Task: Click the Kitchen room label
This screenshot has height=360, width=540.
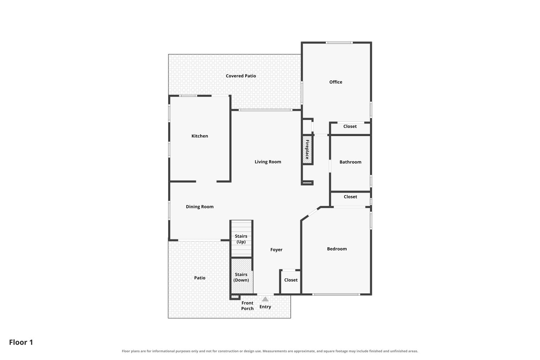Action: click(199, 136)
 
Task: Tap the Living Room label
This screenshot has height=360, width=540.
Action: click(268, 162)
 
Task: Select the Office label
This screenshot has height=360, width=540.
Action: click(336, 82)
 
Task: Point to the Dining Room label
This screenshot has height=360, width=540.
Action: click(199, 207)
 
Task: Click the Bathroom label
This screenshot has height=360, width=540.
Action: click(350, 162)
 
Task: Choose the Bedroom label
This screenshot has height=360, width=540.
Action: click(337, 249)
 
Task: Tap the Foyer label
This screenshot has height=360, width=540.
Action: click(276, 250)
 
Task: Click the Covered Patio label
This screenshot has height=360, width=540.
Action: click(241, 76)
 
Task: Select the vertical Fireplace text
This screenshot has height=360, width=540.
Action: click(307, 149)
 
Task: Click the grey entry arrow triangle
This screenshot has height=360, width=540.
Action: click(265, 299)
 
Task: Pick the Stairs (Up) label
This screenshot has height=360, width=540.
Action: click(241, 239)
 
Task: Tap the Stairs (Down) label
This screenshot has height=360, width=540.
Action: click(241, 277)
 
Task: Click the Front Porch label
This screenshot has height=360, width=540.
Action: click(247, 306)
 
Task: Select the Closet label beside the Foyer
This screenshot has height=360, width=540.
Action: click(291, 280)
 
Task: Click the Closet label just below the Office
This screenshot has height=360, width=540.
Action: click(350, 126)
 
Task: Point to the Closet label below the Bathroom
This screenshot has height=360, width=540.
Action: click(350, 197)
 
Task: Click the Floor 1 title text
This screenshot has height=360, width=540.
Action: click(21, 342)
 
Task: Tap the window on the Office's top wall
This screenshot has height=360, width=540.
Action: click(339, 43)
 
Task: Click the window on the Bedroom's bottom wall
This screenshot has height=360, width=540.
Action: click(336, 294)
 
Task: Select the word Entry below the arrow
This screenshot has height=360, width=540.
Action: click(265, 307)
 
